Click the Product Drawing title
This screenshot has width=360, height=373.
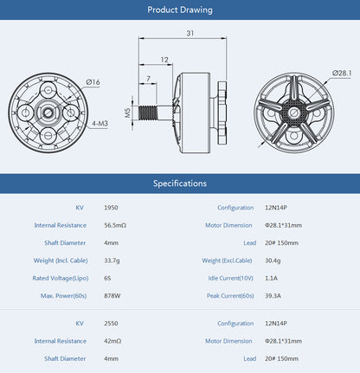pos(180,10)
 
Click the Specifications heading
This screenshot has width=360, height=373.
pos(180,183)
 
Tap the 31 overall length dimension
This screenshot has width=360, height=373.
pos(190,33)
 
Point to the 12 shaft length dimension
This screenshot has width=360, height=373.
pos(164,60)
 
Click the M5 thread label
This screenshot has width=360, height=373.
pos(127,112)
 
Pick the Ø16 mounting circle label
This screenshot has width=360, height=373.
pos(93,81)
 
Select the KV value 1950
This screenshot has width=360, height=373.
pos(112,209)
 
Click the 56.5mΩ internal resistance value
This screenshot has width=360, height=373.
pos(115,225)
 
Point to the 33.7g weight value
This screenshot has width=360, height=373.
pos(112,260)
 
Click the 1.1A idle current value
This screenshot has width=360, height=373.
pos(271,279)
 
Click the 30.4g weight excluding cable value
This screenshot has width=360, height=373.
pos(273,260)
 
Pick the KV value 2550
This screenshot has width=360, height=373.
pos(112,323)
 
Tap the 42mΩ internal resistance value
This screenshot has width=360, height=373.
pos(112,341)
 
